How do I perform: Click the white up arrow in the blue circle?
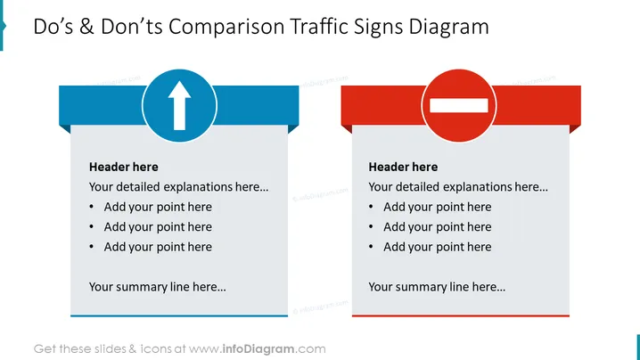(x=179, y=105)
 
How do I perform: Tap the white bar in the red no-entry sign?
(x=459, y=105)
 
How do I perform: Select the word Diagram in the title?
(x=448, y=27)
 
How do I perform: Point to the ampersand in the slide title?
(x=86, y=27)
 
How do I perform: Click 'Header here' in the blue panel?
(x=124, y=167)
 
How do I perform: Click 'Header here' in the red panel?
(x=403, y=167)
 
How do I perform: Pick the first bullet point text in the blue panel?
(x=158, y=207)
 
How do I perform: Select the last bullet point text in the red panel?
(x=437, y=247)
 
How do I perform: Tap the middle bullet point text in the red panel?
(x=437, y=227)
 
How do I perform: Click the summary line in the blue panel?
(x=158, y=287)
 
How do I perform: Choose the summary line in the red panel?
(x=437, y=287)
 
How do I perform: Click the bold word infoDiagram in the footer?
(x=258, y=349)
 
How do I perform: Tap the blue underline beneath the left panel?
(x=179, y=315)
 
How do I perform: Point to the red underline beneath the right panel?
(x=461, y=315)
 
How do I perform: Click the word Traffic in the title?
(x=319, y=27)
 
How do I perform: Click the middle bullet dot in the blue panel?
(x=92, y=227)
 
